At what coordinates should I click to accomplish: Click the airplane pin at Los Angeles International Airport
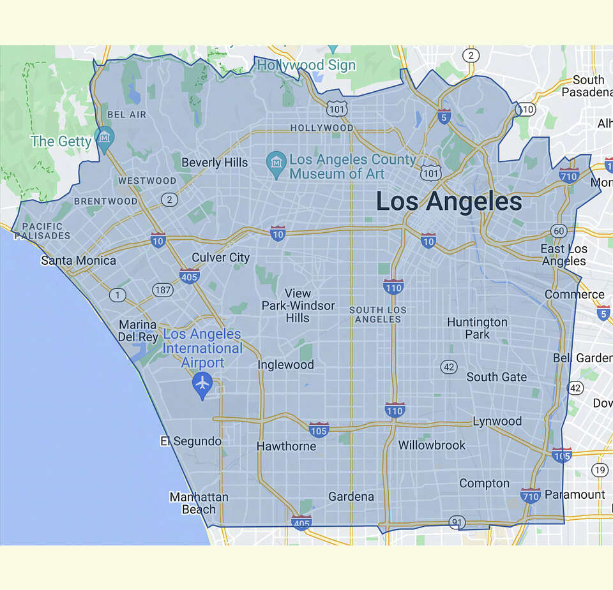(x=202, y=383)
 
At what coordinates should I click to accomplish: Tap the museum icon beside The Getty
(x=104, y=136)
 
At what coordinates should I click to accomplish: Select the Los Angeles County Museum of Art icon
(x=276, y=161)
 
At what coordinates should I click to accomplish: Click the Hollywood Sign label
(x=298, y=65)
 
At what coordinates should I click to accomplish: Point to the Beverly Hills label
(x=215, y=163)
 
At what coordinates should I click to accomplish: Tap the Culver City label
(x=221, y=258)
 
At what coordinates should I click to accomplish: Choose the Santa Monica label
(x=79, y=260)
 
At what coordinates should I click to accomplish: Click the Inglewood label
(x=285, y=365)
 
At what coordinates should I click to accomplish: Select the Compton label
(x=485, y=483)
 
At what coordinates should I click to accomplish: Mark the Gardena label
(x=351, y=496)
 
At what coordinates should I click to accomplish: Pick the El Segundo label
(x=191, y=441)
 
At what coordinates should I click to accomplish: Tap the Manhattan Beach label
(x=199, y=503)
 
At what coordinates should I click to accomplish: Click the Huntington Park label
(x=477, y=328)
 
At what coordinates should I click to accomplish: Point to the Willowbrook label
(x=432, y=445)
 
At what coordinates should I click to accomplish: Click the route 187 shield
(x=163, y=290)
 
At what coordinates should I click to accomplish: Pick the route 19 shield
(x=599, y=471)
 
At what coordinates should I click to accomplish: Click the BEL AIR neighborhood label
(x=127, y=115)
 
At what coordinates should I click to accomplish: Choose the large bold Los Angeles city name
(x=449, y=202)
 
